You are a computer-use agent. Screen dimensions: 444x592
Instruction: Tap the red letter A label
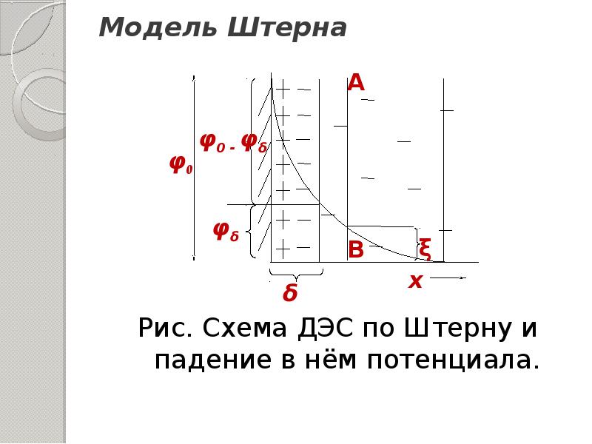click(356, 84)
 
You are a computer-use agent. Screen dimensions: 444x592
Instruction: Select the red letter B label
click(356, 250)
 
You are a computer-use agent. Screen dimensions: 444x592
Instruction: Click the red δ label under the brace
click(290, 295)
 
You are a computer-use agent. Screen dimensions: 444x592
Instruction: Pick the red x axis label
click(415, 281)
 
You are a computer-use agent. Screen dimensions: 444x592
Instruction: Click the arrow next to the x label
click(448, 278)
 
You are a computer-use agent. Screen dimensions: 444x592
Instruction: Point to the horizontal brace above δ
click(296, 272)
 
